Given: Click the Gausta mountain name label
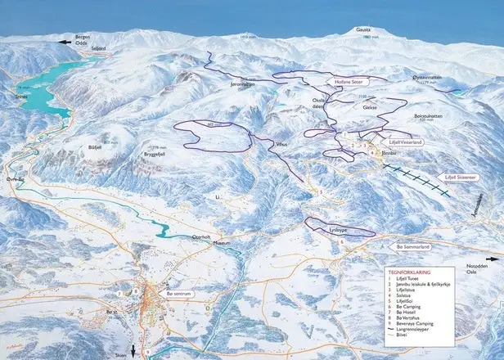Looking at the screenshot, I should [x=362, y=29].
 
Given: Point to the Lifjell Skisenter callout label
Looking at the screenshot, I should [x=474, y=175].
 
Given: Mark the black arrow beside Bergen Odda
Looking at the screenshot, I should [x=61, y=41].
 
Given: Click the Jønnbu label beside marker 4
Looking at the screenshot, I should [x=389, y=153].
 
